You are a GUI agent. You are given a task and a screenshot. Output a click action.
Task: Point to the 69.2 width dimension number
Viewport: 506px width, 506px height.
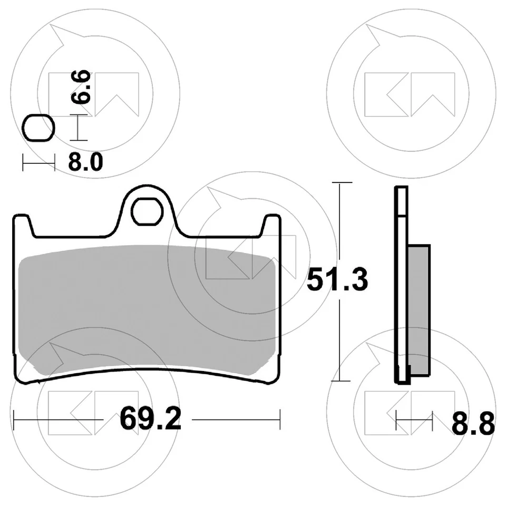pos(150,420)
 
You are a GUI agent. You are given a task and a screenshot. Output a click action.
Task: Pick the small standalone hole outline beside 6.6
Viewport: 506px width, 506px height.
pos(38,129)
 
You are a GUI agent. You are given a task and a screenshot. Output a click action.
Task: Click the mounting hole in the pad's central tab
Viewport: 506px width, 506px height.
pos(147,212)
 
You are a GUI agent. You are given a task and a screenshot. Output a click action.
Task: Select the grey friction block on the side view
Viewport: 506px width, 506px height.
pos(420,311)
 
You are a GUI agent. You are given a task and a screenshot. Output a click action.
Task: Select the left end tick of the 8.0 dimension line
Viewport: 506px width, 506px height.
pos(23,163)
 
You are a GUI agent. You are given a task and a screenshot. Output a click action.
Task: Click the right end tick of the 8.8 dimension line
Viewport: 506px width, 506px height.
pos(432,420)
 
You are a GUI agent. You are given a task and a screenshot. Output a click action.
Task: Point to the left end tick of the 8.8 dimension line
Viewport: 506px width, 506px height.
pos(395,420)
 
